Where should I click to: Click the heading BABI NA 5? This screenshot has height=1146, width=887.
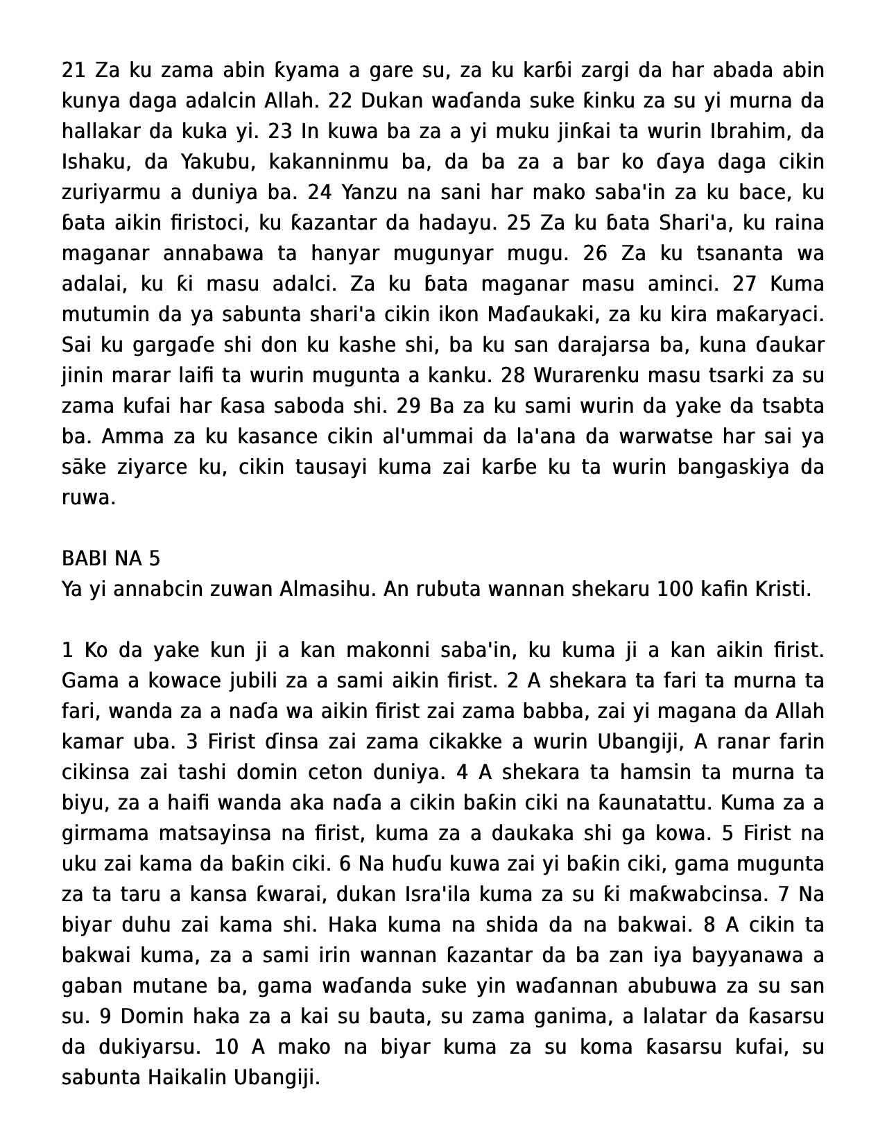click(111, 558)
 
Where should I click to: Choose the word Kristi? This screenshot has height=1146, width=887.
click(779, 589)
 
